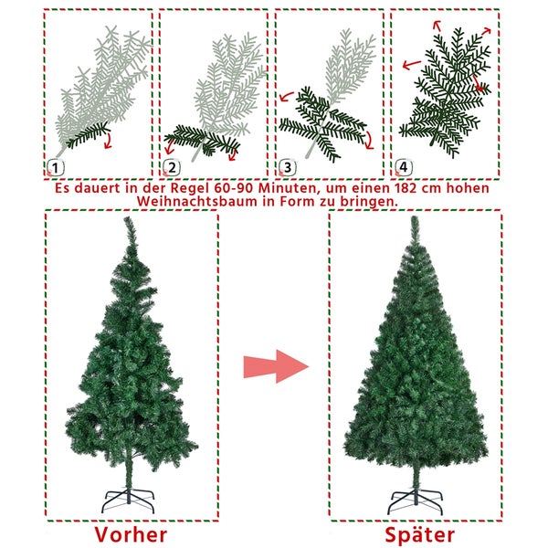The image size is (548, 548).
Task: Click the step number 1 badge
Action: [x=56, y=168]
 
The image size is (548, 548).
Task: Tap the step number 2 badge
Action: [x=172, y=168]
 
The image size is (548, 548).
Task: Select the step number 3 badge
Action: [x=288, y=168]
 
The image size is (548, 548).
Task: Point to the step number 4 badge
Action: [x=404, y=167]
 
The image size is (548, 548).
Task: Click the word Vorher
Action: [x=131, y=534]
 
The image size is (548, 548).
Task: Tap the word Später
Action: [x=420, y=535]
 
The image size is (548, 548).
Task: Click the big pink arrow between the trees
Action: [x=276, y=366]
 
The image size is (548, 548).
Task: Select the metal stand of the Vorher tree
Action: [x=128, y=501]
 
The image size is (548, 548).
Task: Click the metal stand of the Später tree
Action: [x=416, y=501]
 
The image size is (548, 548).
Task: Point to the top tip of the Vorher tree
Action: [x=126, y=217]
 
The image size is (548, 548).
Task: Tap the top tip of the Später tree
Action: [x=414, y=216]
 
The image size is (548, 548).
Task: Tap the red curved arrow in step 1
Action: [x=109, y=140]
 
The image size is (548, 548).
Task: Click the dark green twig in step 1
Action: [x=88, y=135]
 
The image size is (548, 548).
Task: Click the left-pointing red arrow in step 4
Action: [x=411, y=65]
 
